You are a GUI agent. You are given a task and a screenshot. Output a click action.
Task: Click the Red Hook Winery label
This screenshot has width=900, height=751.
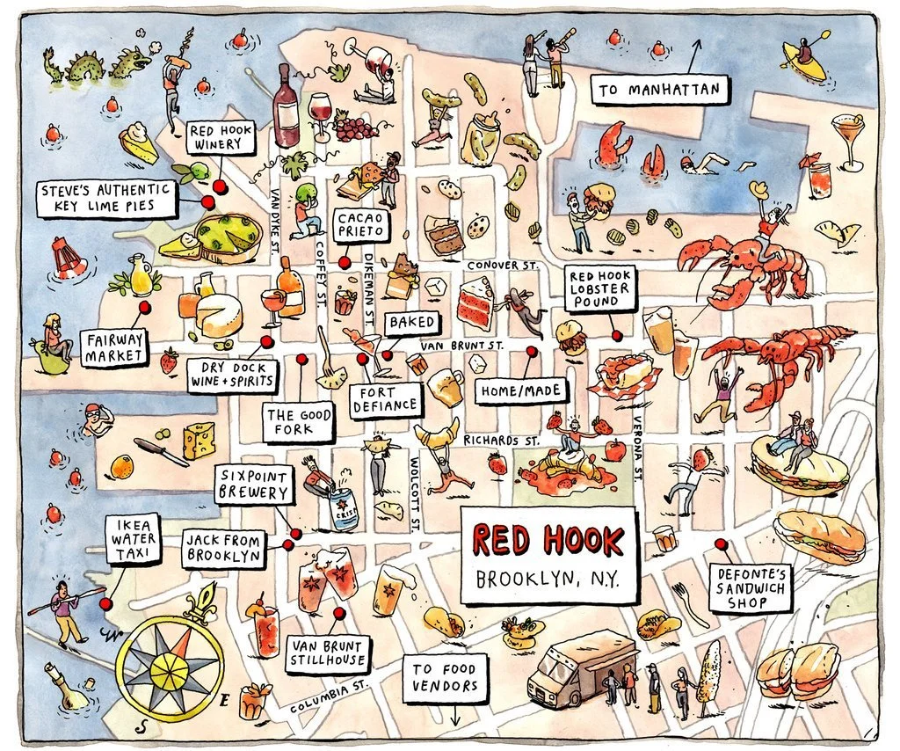click(x=221, y=138)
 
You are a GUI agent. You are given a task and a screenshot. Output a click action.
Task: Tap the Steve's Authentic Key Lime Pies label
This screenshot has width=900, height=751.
click(x=108, y=198)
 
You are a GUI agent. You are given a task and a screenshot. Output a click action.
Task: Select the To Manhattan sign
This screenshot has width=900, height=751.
click(x=661, y=89)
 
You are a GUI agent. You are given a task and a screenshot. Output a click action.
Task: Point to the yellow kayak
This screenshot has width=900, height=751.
click(x=805, y=62)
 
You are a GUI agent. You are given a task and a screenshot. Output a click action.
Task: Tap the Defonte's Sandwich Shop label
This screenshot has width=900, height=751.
click(x=752, y=587)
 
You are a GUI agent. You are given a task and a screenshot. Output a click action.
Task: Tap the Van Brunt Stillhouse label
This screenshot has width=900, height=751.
click(x=328, y=654)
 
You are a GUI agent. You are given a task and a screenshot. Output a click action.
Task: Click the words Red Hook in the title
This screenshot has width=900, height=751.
click(x=548, y=540)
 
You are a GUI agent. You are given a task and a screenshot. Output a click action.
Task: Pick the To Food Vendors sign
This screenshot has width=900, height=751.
click(x=446, y=678)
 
